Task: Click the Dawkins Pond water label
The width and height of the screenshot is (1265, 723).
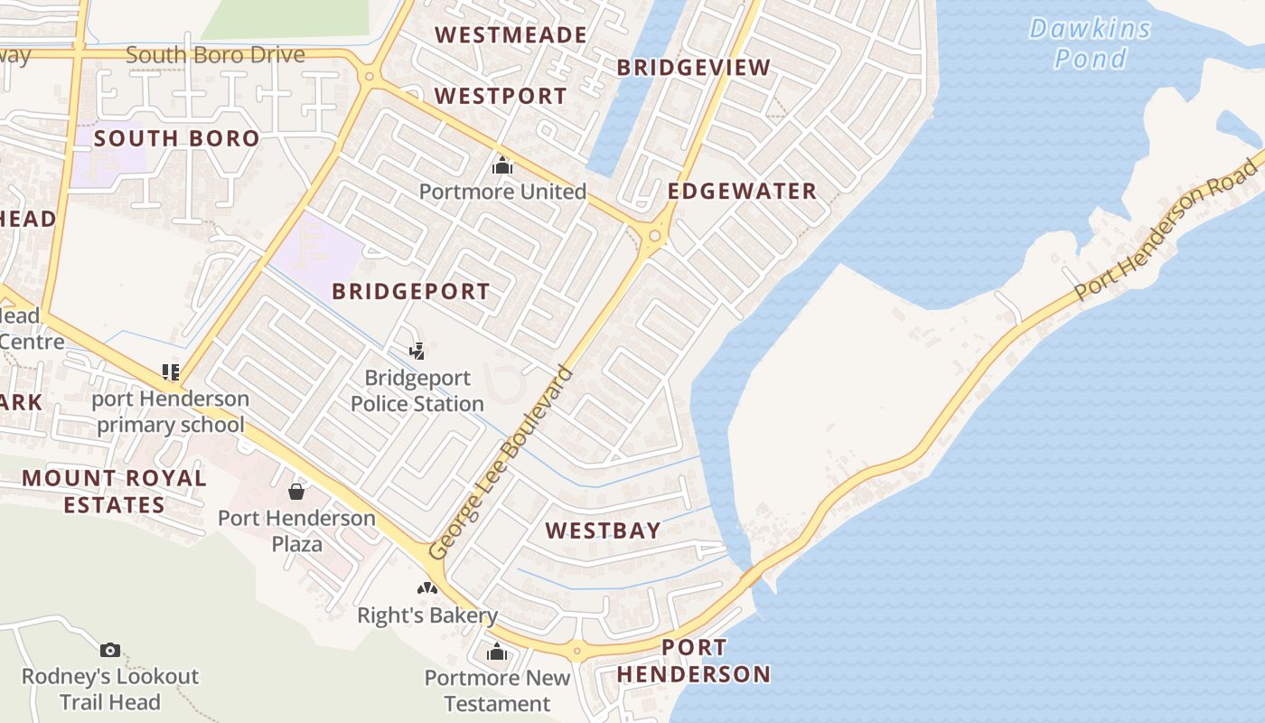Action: [x=1091, y=43]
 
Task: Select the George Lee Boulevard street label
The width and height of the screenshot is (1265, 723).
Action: [x=501, y=462]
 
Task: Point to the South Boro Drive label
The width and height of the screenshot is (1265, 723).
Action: [x=215, y=55]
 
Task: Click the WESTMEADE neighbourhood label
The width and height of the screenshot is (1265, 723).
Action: [x=511, y=35]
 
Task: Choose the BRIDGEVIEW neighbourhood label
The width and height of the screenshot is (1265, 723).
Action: [x=693, y=68]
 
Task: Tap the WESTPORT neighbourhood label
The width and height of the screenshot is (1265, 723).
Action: [x=501, y=96]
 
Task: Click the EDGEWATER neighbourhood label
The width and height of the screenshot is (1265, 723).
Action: [x=742, y=192]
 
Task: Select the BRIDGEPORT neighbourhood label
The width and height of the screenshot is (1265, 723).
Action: [x=410, y=291]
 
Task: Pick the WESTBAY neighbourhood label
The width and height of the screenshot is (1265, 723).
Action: [x=603, y=531]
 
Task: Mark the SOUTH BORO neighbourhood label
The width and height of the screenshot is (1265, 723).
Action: [x=176, y=138]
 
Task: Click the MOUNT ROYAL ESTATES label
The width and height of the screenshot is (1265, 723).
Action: [x=114, y=491]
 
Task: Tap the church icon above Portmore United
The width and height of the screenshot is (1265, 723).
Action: [x=502, y=166]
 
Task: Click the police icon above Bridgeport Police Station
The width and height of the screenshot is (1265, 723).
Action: [x=417, y=351]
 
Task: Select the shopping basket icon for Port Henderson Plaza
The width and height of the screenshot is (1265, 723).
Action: [x=295, y=492]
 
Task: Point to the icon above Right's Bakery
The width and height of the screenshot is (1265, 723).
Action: [x=427, y=588]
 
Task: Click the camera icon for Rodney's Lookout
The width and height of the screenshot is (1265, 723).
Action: [x=110, y=650]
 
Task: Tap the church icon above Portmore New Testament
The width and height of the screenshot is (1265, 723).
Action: [x=497, y=652]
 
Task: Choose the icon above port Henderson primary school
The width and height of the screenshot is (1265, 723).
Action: [x=171, y=371]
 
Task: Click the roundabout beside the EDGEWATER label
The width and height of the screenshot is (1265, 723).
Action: [x=654, y=237]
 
